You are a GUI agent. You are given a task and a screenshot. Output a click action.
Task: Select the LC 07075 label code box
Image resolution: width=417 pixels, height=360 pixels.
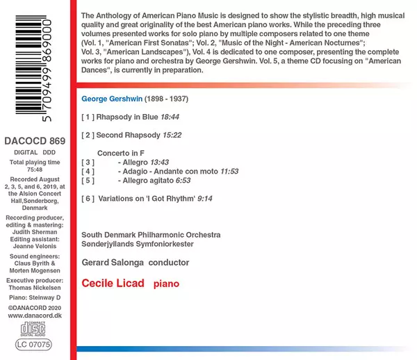tap(33, 343)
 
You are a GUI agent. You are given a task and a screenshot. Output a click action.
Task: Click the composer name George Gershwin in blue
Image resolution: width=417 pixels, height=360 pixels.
tap(111, 99)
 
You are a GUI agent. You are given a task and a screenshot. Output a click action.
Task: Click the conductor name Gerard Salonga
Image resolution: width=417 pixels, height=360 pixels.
tap(117, 263)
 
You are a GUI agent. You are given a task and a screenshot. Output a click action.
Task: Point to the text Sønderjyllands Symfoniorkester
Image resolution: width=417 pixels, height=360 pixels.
tap(138, 243)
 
